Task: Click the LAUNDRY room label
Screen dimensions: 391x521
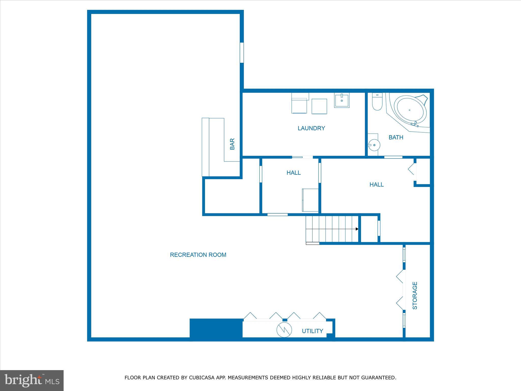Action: coord(311,128)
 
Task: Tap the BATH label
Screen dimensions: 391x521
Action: coord(396,137)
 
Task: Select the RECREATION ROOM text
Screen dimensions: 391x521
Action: coord(198,255)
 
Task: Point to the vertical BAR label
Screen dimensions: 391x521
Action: coord(232,144)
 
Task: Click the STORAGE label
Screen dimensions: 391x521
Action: coord(415,296)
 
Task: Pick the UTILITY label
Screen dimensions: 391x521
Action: coord(312,331)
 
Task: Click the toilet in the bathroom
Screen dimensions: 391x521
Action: coord(377,102)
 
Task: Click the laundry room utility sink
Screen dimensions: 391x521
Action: coord(342,100)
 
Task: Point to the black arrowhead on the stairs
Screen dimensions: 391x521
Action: coord(357,229)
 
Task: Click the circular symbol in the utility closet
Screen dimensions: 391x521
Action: coord(284,330)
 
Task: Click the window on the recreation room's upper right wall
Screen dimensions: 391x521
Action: coord(242,52)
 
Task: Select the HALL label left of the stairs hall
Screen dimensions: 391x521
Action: coord(294,173)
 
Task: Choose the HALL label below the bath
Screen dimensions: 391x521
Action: coord(377,185)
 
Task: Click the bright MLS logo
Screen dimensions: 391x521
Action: coord(32,381)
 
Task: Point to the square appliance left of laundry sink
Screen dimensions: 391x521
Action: coord(319,106)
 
